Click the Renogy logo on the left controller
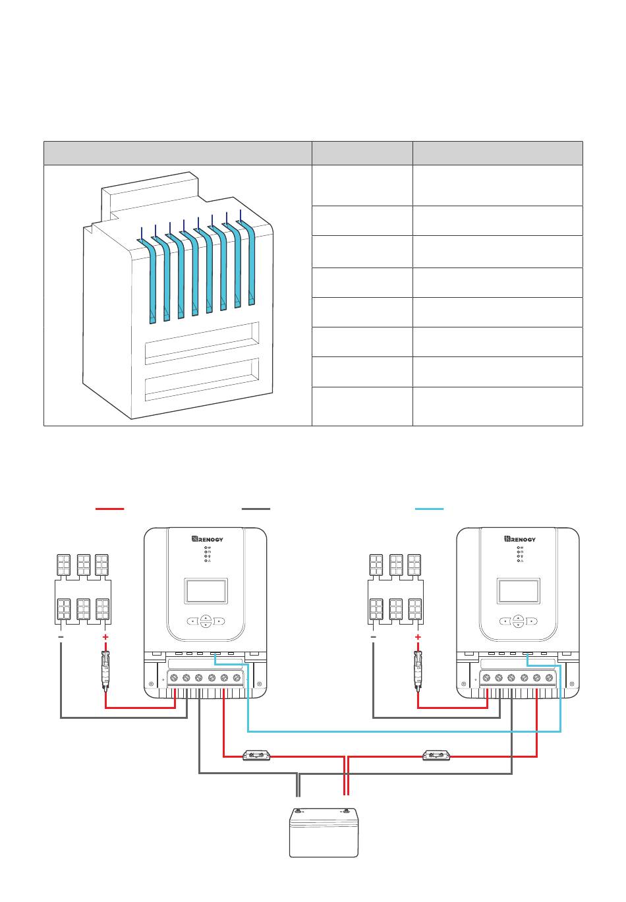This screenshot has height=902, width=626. (207, 539)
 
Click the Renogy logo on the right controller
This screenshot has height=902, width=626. (520, 539)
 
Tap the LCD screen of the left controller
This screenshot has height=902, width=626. (206, 591)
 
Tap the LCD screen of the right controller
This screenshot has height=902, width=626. (519, 591)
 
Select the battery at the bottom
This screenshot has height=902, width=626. (324, 832)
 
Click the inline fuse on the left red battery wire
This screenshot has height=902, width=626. (256, 756)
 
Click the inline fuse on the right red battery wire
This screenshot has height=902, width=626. (436, 756)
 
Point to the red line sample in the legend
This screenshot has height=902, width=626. (109, 509)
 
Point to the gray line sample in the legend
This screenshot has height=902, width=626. (256, 509)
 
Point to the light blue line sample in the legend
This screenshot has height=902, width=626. (430, 509)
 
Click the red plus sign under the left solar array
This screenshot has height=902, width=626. (105, 636)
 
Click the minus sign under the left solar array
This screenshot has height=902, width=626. (61, 636)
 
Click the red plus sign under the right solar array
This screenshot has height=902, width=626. (418, 636)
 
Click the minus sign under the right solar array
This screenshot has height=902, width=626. (374, 636)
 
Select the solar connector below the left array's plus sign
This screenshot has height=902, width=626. (105, 671)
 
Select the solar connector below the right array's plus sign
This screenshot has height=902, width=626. (418, 671)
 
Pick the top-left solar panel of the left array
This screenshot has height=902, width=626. (64, 565)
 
